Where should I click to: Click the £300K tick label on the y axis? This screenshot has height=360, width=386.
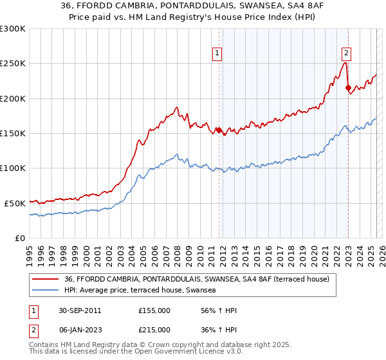[12, 29]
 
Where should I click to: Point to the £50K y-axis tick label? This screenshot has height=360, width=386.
[15, 203]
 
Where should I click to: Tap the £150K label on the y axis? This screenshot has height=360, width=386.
[12, 133]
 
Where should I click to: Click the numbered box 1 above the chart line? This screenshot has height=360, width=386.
[217, 53]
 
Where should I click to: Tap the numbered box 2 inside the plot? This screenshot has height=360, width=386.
[346, 53]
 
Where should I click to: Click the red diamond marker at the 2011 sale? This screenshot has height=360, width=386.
[219, 130]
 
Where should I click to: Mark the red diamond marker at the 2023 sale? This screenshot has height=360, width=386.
[348, 88]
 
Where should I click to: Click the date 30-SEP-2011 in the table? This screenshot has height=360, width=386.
[80, 310]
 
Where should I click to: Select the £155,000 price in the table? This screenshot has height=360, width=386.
[154, 310]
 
